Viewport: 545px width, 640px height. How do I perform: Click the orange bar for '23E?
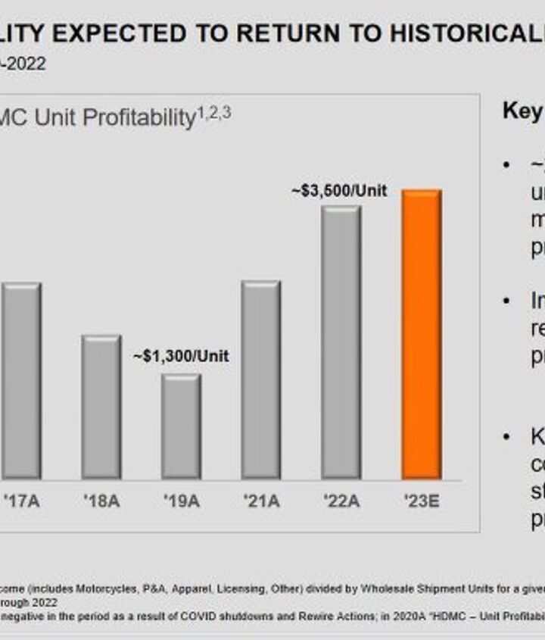point(422,334)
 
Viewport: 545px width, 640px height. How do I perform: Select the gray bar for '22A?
point(341,342)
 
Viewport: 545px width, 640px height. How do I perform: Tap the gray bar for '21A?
point(260,379)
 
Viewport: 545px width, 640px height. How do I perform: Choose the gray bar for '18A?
point(101,407)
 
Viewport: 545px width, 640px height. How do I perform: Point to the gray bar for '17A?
point(21,380)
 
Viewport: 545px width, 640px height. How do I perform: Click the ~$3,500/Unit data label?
point(339,192)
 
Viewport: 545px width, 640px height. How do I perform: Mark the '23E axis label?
point(421,501)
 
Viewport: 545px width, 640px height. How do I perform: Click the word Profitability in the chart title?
point(142,118)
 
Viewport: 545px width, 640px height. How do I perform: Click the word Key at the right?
point(522,112)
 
